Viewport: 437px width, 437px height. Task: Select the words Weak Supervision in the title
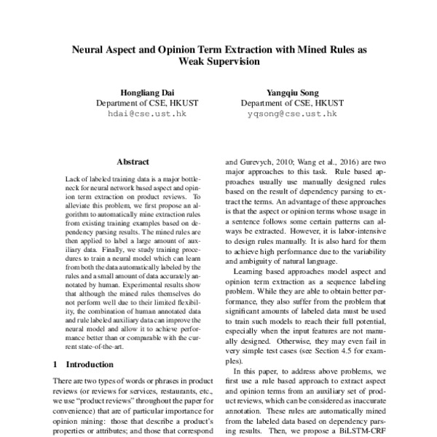(219, 63)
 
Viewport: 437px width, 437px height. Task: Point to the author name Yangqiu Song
(292, 92)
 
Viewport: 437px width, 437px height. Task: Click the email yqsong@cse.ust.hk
(292, 114)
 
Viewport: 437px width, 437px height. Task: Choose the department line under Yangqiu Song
(292, 103)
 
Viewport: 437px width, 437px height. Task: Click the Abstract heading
(133, 162)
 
